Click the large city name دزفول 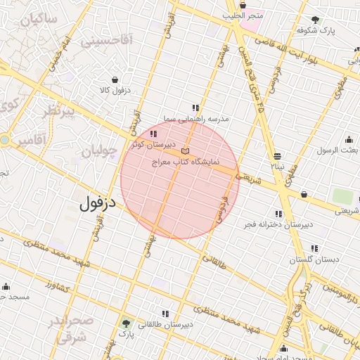tap(92, 205)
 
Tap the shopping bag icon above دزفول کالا tap(115, 79)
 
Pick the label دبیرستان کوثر tap(151, 143)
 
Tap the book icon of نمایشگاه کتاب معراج tap(185, 151)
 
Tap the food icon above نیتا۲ tap(278, 155)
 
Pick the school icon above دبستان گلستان tap(314, 248)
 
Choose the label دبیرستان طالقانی tap(165, 324)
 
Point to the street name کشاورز tap(60, 286)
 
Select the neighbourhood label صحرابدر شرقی tap(70, 328)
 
